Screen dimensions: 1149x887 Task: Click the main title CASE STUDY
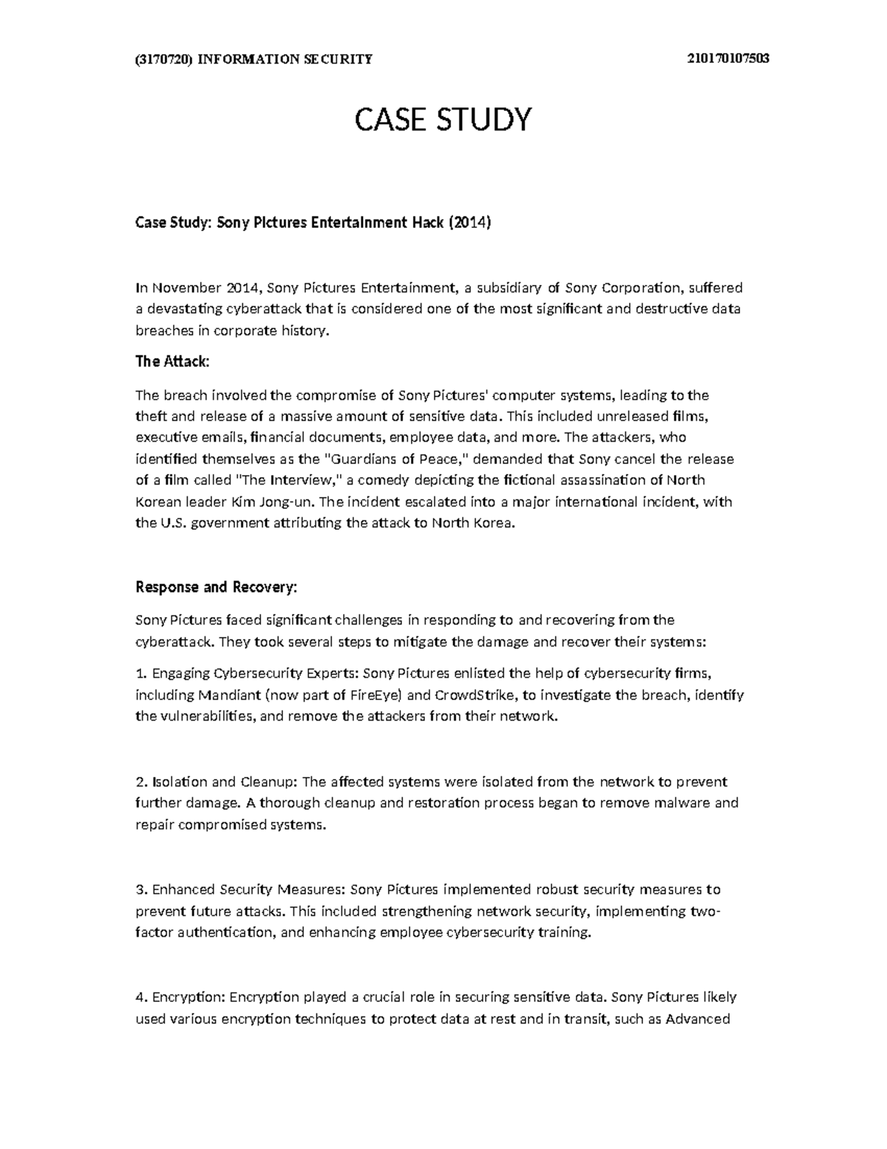point(443,119)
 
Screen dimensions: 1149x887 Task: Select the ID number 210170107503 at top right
point(728,59)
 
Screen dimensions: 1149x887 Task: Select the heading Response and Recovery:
point(216,587)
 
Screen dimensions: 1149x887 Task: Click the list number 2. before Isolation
point(142,781)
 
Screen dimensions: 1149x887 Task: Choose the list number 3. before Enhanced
point(142,889)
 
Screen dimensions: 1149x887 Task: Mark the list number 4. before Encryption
point(142,997)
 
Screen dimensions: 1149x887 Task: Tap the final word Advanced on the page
point(698,1019)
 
